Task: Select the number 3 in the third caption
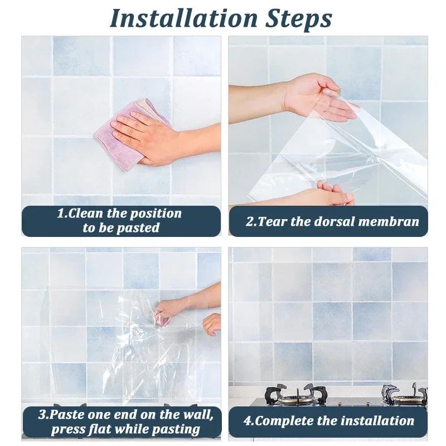(42, 415)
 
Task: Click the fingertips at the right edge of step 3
(212, 323)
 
